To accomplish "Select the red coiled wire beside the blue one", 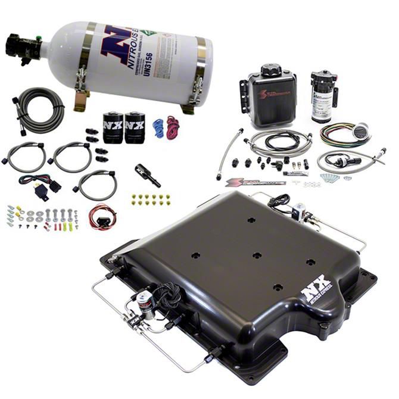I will point(173,126).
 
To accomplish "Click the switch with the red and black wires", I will point(102,217).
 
